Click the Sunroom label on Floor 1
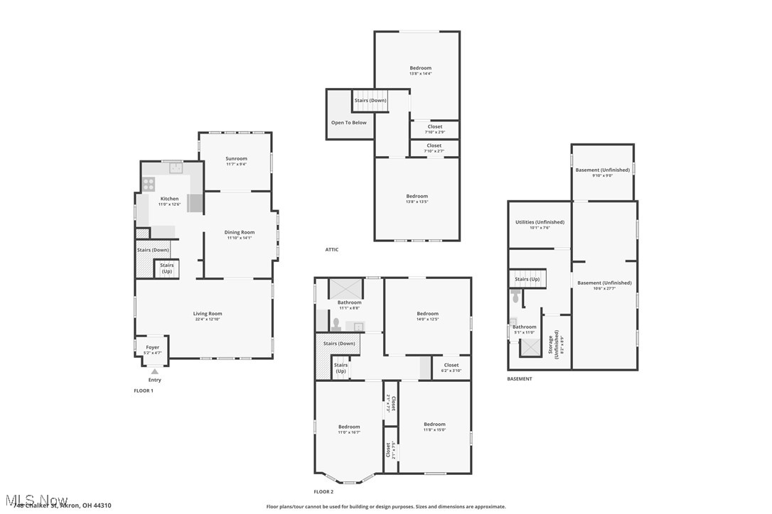click(236, 158)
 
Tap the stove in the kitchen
click(149, 184)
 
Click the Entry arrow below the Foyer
click(154, 371)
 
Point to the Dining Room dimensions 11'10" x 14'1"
click(240, 238)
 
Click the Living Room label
click(208, 313)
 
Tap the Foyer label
click(153, 347)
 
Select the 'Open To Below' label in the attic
click(349, 123)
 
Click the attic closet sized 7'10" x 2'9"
click(435, 129)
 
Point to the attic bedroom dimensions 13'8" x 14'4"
click(420, 74)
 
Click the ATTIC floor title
click(332, 249)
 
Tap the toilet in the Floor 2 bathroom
click(336, 324)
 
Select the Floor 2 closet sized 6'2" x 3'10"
click(451, 368)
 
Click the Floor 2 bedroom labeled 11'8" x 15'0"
click(434, 427)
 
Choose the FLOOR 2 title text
click(323, 491)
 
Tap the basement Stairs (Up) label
click(526, 279)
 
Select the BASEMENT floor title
click(519, 379)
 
